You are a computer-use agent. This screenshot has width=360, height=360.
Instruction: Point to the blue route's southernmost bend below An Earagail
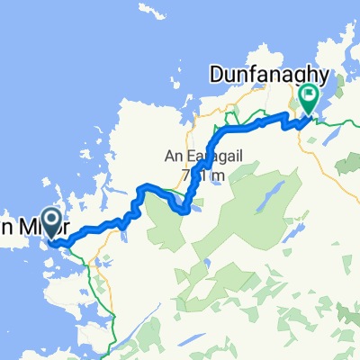pyautogui.click(x=184, y=211)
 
